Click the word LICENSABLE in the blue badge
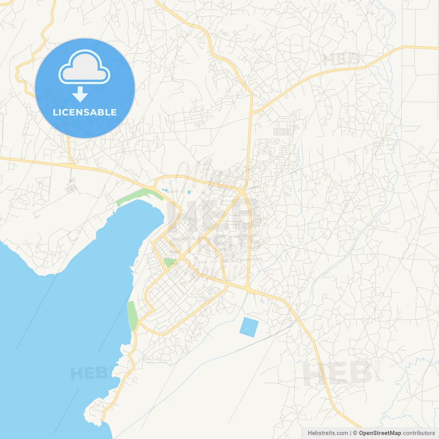85,112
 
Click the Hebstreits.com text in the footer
328,433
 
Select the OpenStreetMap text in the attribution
380,433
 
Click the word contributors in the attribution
419,433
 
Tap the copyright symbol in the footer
355,433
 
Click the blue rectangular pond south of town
249,327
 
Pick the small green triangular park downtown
169,263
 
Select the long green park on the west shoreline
132,316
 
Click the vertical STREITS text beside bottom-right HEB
378,370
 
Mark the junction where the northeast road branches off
252,112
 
